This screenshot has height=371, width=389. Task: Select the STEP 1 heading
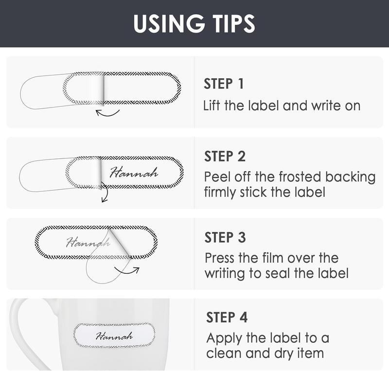pos(224,84)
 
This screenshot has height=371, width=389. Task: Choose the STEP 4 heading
pos(227,318)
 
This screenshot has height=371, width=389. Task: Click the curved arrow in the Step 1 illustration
pos(107,113)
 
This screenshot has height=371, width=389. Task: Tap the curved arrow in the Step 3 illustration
pos(127,270)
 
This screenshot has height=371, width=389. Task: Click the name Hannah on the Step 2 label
pos(133,172)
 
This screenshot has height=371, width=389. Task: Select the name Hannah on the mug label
pos(114,336)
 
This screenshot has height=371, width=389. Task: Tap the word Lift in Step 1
pos(212,105)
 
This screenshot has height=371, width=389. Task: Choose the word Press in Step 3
pos(221,257)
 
